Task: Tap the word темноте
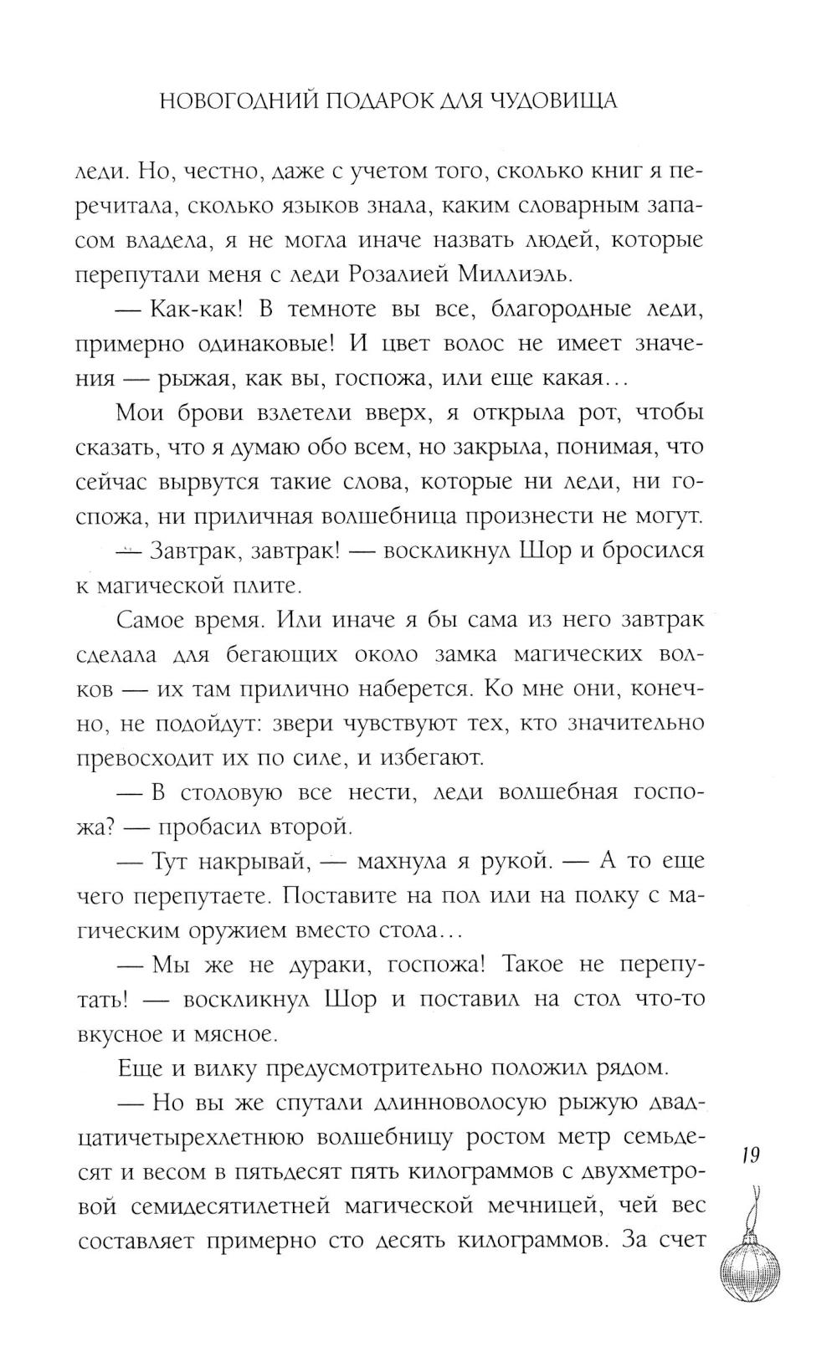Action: point(313,309)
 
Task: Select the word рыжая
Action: point(194,378)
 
